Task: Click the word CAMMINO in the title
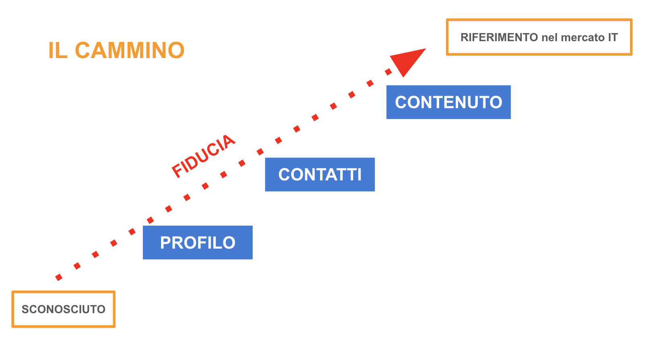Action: tap(130, 50)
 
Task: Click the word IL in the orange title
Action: tap(58, 50)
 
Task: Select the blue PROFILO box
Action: tap(197, 243)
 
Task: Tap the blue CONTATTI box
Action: tap(320, 174)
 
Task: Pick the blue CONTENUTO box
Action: tap(448, 102)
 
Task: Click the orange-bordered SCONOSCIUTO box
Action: tap(63, 309)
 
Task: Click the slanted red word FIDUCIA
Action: tap(203, 156)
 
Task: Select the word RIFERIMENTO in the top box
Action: tap(499, 38)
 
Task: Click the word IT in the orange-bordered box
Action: tap(613, 38)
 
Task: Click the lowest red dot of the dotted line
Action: tap(59, 277)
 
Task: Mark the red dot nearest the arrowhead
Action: tap(388, 72)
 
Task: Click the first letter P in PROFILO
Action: tap(166, 243)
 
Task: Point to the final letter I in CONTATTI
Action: tap(359, 174)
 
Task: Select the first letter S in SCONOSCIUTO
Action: tap(25, 309)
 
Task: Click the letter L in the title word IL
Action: tap(62, 50)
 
